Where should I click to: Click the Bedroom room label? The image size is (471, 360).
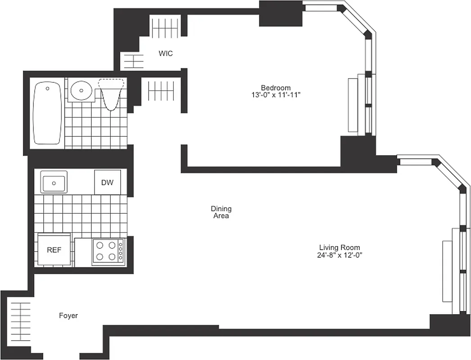point(276,87)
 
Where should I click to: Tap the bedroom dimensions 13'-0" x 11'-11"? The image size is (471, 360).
point(276,95)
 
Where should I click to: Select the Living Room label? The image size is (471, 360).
point(340,247)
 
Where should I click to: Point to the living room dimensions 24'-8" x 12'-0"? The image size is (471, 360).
point(340,255)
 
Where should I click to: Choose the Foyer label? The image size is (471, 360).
point(68,315)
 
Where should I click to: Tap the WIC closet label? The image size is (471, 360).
point(165,54)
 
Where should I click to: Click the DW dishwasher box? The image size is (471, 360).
point(107,182)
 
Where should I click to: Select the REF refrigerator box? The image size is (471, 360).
point(54,250)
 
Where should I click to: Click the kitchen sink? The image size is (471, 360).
point(54,182)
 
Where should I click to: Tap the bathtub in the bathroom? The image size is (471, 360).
point(47,113)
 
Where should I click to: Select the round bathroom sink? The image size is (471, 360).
point(81,90)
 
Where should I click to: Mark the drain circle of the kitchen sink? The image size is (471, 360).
point(54,183)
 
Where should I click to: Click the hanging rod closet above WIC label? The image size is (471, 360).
point(166,28)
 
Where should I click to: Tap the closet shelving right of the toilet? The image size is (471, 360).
point(161,91)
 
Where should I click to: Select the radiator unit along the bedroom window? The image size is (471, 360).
point(353,105)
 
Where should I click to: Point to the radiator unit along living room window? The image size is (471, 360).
point(447,271)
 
